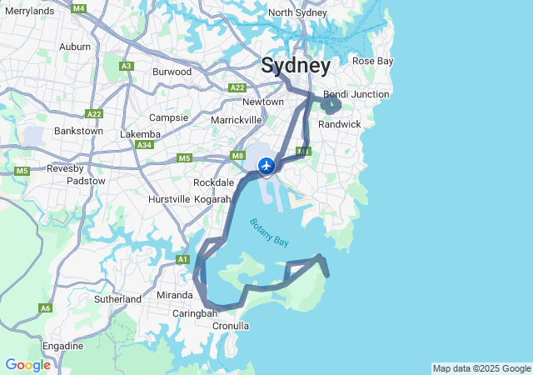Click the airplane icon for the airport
click(266, 166)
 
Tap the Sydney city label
click(296, 66)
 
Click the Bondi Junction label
click(356, 94)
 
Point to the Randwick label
click(340, 124)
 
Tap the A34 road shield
click(145, 145)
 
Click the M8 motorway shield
click(238, 155)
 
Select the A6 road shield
click(45, 308)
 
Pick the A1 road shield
click(182, 260)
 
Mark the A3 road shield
click(127, 66)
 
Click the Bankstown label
click(78, 131)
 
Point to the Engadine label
click(62, 346)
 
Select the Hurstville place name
click(169, 200)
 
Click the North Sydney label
click(297, 12)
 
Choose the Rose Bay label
click(373, 61)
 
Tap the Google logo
click(27, 365)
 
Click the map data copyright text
click(481, 368)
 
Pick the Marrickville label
click(213, 120)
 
